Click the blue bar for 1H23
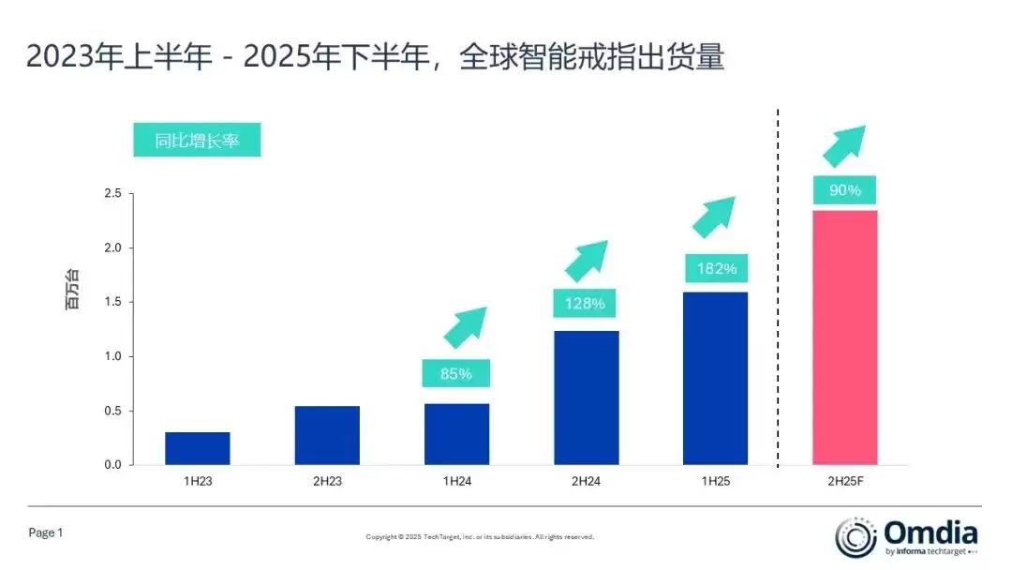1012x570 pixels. (x=198, y=448)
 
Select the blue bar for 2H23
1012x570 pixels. (x=327, y=435)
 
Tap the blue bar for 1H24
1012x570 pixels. (x=456, y=434)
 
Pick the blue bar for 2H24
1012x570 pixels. (x=586, y=397)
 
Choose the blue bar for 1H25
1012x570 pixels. (x=716, y=379)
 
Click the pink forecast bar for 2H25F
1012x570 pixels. (x=845, y=337)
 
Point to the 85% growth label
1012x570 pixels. (x=456, y=374)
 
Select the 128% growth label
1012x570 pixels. (x=586, y=304)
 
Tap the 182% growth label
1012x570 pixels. (x=716, y=269)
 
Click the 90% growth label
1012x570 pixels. (x=845, y=190)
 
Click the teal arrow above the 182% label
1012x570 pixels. (x=714, y=217)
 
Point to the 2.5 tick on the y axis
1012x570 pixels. (x=112, y=194)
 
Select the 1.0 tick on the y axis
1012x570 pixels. (x=112, y=356)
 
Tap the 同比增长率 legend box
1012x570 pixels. (x=197, y=141)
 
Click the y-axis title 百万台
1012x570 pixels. (x=72, y=291)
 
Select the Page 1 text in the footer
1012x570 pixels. (x=46, y=532)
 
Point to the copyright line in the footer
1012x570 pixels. (x=480, y=537)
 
